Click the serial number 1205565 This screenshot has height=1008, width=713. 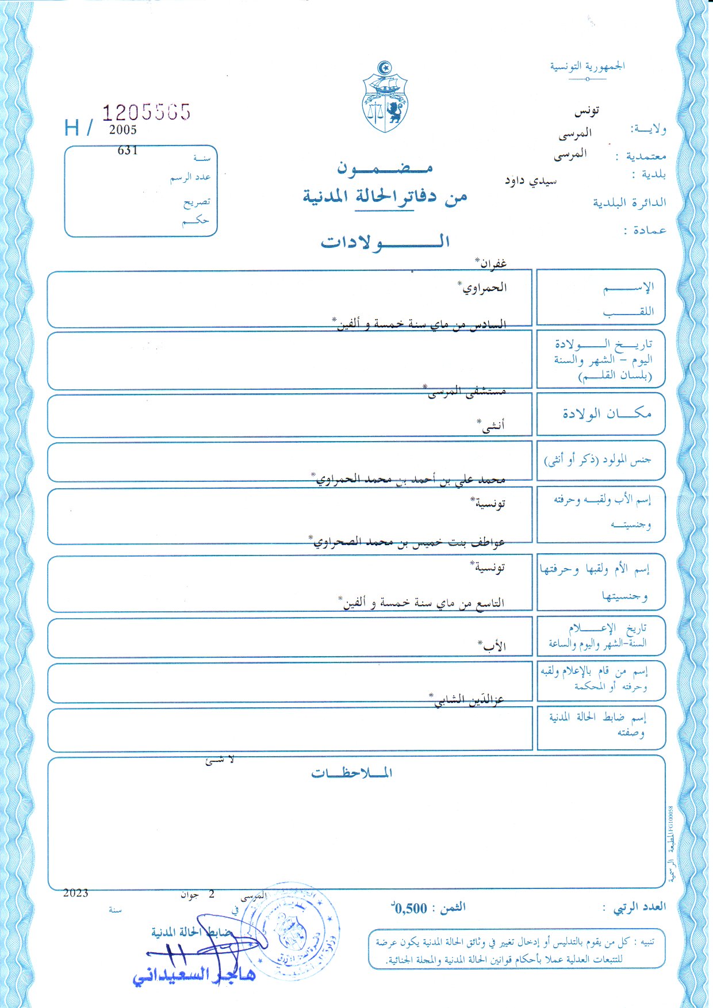point(146,112)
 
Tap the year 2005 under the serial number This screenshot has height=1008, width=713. point(123,130)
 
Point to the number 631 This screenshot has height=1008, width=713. point(128,151)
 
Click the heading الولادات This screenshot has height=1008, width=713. point(385,242)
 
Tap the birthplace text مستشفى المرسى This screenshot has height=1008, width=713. point(466,392)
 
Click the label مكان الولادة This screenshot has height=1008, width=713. point(607,413)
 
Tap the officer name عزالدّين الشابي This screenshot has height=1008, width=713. point(466,699)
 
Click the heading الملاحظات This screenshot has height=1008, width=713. point(352,773)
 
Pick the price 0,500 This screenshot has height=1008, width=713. point(411,909)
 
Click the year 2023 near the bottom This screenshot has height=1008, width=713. point(76,893)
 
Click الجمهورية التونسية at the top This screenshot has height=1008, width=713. point(587,66)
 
